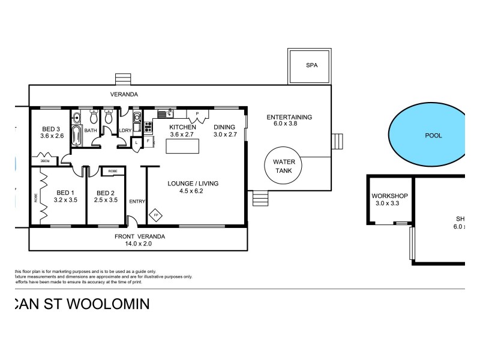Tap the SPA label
tap(311, 65)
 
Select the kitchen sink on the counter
tap(163, 113)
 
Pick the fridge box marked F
tap(147, 142)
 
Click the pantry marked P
tap(197, 113)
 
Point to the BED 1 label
tap(66, 192)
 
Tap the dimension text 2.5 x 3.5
tap(106, 200)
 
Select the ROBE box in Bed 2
tap(113, 171)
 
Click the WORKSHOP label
tap(389, 196)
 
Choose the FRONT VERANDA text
tap(139, 236)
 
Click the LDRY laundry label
tap(126, 130)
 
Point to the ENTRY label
tap(137, 202)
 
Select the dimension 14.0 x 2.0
tap(139, 244)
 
